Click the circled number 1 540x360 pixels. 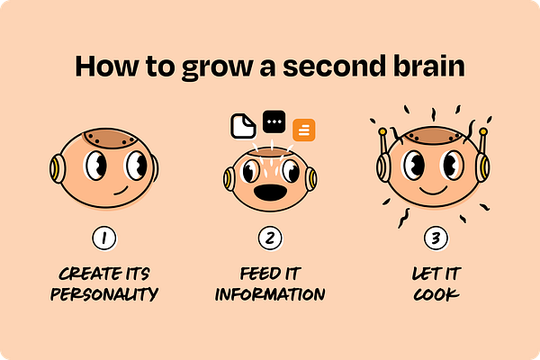pos(104,238)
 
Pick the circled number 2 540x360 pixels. pos(270,238)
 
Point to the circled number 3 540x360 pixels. pos(436,238)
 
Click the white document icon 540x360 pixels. pos(243,126)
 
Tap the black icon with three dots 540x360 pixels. pos(274,121)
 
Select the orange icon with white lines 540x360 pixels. pos(304,130)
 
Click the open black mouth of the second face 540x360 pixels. pos(270,193)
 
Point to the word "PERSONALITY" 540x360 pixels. pos(104,294)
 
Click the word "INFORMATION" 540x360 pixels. pos(270,294)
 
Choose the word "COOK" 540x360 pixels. pos(436,294)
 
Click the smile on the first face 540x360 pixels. pos(121,191)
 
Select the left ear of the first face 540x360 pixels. pos(58,168)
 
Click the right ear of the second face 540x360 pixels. pos(310,179)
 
